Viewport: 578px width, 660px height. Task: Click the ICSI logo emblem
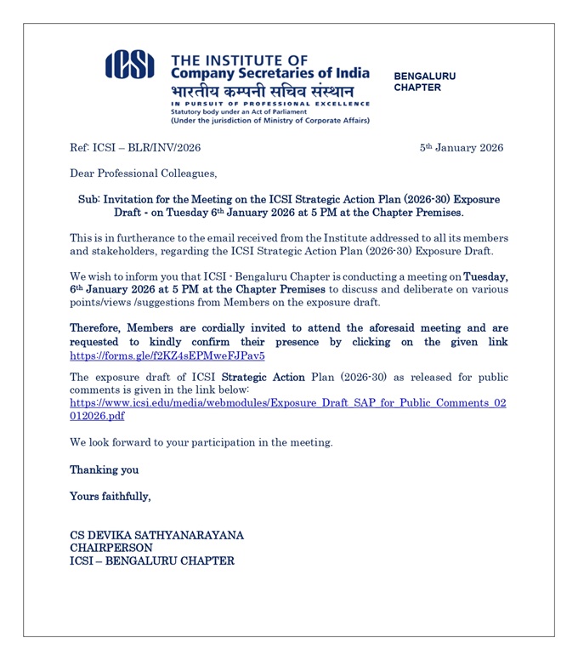130,65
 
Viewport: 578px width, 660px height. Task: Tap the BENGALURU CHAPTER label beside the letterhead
424,82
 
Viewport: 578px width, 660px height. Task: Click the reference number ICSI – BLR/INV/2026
135,148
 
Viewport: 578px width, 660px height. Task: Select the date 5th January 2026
462,148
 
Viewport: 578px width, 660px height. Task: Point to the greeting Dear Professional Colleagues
143,174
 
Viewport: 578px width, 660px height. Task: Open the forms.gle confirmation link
167,356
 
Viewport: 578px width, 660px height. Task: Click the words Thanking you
104,469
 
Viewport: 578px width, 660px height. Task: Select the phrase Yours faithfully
110,496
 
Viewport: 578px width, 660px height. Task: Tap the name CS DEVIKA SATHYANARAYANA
156,535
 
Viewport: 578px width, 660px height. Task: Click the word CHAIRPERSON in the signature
111,549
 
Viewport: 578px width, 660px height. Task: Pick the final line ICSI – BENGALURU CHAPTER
151,561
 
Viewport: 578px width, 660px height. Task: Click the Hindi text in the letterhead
262,91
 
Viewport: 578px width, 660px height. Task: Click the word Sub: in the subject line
88,199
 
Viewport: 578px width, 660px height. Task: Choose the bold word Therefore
101,328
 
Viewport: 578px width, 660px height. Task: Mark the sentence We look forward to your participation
201,442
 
